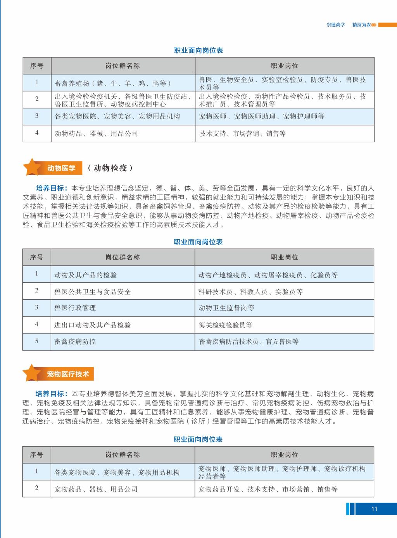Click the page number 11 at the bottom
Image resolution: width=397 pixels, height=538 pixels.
coord(374,509)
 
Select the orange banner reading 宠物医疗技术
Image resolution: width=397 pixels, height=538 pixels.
coord(68,374)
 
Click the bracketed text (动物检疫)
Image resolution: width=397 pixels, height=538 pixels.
coord(110,168)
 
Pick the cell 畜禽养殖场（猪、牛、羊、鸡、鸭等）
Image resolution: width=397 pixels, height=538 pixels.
coord(112,83)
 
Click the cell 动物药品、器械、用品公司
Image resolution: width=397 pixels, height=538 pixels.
coord(96,134)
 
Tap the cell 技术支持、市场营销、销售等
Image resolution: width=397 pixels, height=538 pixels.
coord(242,134)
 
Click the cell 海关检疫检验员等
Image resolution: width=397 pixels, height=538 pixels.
coord(225,325)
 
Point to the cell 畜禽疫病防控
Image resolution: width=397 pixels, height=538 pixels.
coord(75,342)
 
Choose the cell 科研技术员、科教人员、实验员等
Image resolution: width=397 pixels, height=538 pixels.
coord(250,292)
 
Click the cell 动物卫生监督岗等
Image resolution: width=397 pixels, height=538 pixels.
coord(226,308)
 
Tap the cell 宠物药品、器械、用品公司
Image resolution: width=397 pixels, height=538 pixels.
coord(96,489)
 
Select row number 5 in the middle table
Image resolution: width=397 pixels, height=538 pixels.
coord(37,341)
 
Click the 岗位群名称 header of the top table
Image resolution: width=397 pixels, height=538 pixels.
coord(123,66)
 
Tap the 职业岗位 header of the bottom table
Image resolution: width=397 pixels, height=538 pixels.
coord(284,455)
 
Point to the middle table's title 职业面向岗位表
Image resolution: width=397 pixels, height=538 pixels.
coord(198,242)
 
